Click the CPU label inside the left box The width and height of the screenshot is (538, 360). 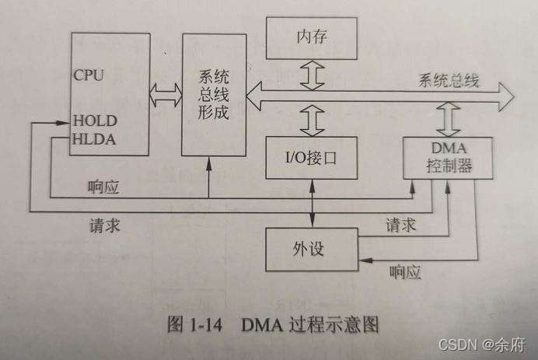point(89,75)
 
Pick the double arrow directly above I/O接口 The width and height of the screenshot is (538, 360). point(310,121)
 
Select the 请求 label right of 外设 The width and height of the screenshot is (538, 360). point(401,225)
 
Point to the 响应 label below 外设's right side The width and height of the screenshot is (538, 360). point(403,271)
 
